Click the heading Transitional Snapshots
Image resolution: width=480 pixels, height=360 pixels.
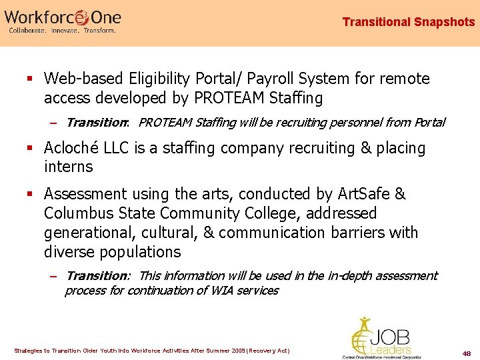[x=408, y=22]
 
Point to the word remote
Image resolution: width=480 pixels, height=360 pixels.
[x=405, y=79]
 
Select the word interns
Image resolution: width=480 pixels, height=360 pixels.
[x=68, y=167]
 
